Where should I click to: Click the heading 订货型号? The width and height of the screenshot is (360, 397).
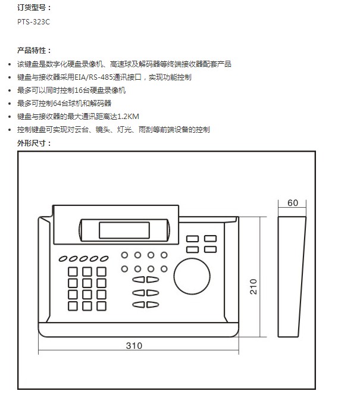coord(34,7)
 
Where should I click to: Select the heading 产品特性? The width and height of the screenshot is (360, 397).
coord(34,50)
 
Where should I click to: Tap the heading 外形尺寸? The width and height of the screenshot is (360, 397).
coord(34,143)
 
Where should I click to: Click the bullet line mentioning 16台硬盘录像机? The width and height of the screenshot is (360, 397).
coord(71,90)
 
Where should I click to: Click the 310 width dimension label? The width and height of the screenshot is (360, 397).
coord(134,345)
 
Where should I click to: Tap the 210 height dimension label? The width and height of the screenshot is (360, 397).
coord(254,286)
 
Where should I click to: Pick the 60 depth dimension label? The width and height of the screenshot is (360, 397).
coord(292,203)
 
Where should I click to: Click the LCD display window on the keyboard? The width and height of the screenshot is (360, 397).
coord(124,229)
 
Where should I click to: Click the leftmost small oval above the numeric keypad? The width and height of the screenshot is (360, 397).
coord(62,259)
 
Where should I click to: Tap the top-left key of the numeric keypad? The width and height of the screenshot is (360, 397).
coord(73,271)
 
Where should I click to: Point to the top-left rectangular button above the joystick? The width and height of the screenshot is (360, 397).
coord(192,239)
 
